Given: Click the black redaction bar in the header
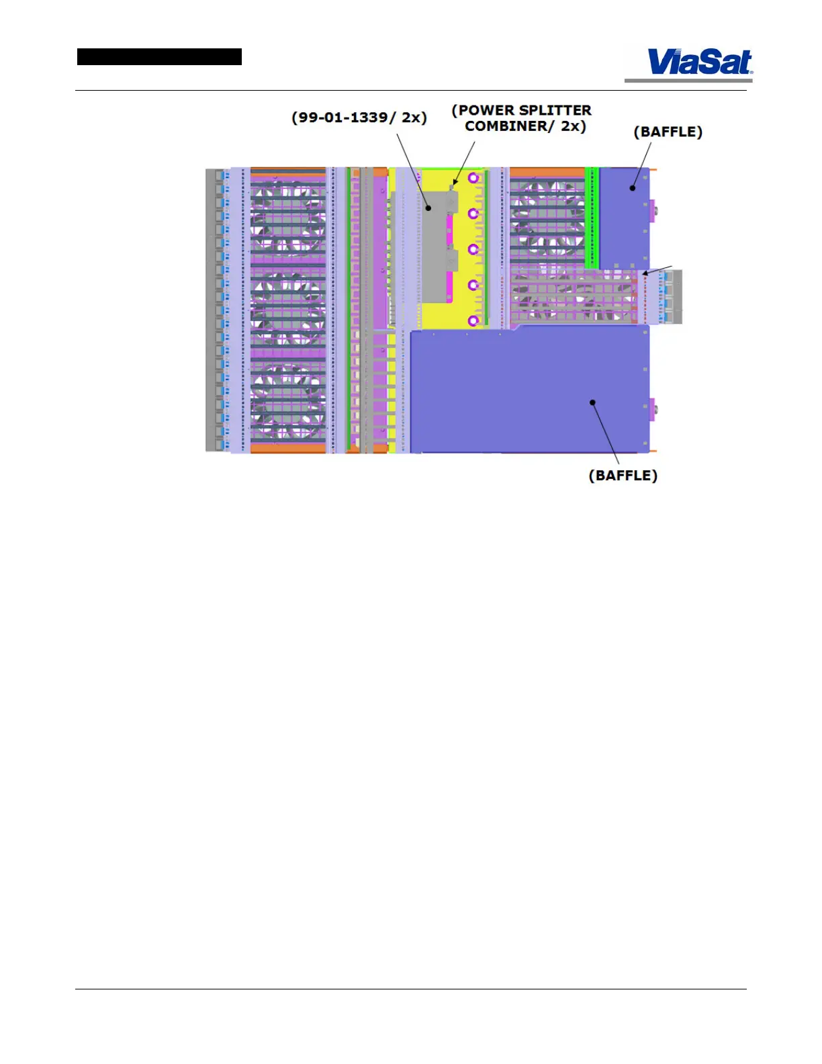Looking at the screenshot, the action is (159, 57).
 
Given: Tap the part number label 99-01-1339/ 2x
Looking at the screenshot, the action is (359, 118).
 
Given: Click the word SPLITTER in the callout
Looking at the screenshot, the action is (555, 110).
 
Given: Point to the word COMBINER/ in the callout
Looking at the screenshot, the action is (510, 126).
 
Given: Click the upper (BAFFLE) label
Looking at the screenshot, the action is (668, 132).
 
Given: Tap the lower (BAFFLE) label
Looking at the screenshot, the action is (623, 476).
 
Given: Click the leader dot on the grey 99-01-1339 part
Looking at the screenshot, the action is (428, 208).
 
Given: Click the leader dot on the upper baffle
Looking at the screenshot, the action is (632, 188).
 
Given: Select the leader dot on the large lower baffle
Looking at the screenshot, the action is (593, 402).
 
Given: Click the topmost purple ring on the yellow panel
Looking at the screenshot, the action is (473, 178).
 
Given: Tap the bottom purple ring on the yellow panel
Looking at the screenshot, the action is (473, 320).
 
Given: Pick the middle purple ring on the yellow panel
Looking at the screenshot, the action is (473, 249).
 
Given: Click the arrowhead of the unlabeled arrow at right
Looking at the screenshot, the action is (645, 273).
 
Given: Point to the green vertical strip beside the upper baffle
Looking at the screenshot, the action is (592, 215).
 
